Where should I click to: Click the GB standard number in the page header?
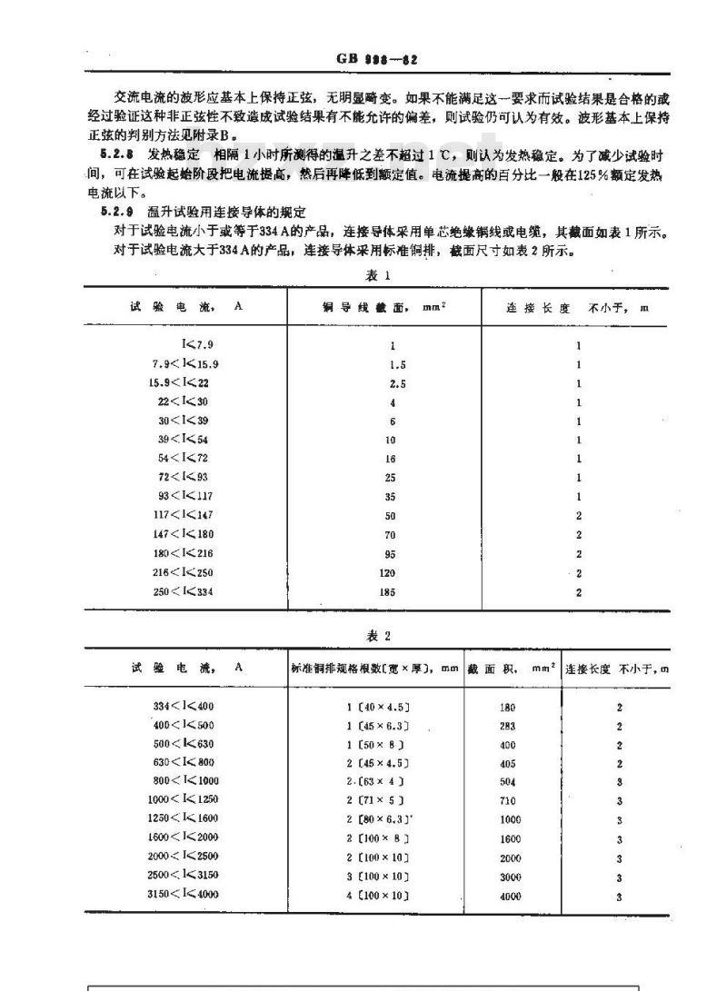click(376, 59)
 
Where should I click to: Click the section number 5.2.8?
click(119, 155)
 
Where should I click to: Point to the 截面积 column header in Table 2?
click(511, 668)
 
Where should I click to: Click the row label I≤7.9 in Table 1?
click(197, 345)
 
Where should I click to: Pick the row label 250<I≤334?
click(184, 592)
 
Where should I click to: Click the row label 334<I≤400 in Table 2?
click(184, 706)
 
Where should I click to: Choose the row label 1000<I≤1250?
click(184, 800)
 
